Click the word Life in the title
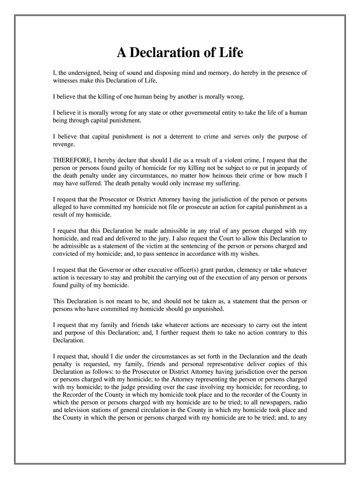[x=231, y=53]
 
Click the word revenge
[x=65, y=145]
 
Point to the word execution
[x=242, y=278]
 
